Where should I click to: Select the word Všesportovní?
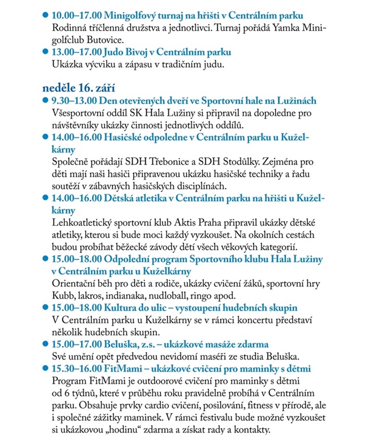click(x=80, y=112)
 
